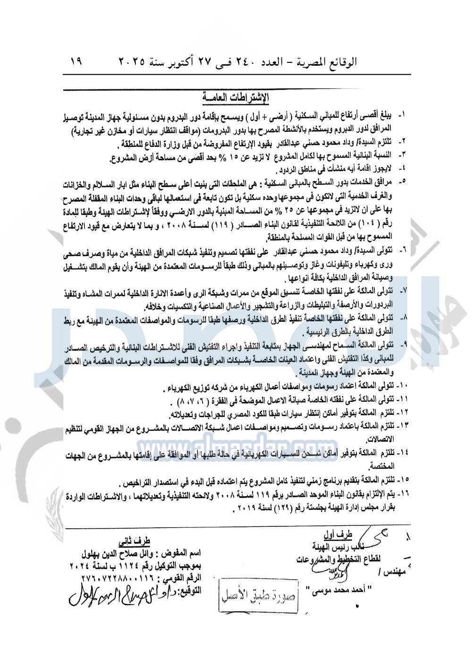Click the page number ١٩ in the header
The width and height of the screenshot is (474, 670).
point(76,61)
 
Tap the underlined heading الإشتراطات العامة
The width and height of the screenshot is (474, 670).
point(235,98)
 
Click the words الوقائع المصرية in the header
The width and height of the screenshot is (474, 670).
point(326,62)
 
